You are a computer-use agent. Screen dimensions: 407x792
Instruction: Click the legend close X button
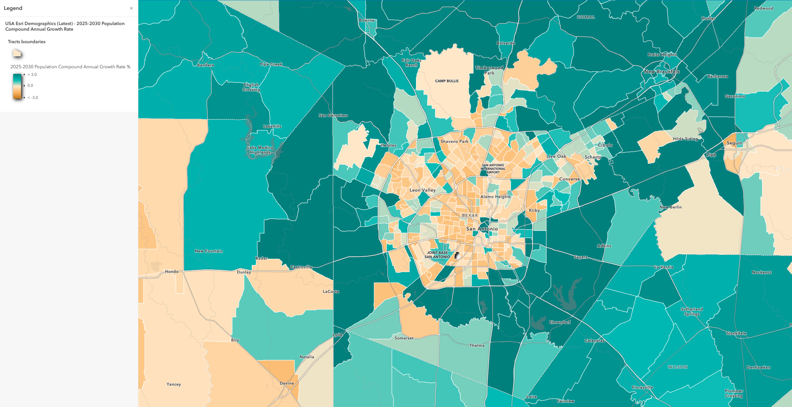pyautogui.click(x=131, y=8)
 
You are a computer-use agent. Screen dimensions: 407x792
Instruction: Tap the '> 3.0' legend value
pyautogui.click(x=32, y=75)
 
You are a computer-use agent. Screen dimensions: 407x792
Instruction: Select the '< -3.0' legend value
pyautogui.click(x=33, y=98)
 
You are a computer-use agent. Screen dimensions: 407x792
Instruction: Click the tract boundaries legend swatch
pyautogui.click(x=17, y=53)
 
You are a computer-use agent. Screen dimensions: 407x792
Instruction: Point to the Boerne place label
pyautogui.click(x=367, y=20)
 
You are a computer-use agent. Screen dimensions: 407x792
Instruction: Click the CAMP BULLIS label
pyautogui.click(x=447, y=81)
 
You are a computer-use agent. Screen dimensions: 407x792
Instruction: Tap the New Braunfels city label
pyautogui.click(x=662, y=72)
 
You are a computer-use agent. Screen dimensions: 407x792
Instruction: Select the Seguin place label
pyautogui.click(x=734, y=143)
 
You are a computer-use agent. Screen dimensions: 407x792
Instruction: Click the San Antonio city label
pyautogui.click(x=482, y=229)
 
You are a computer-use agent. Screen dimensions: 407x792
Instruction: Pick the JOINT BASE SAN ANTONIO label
pyautogui.click(x=437, y=255)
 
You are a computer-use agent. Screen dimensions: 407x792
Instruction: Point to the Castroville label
pyautogui.click(x=301, y=267)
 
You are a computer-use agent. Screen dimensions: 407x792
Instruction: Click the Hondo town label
pyautogui.click(x=172, y=272)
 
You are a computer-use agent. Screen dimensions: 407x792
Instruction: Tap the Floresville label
pyautogui.click(x=642, y=388)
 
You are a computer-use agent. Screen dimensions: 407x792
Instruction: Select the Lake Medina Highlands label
pyautogui.click(x=260, y=150)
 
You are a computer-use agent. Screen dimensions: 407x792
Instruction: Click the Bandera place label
pyautogui.click(x=205, y=65)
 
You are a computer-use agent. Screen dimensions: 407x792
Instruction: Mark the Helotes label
pyautogui.click(x=388, y=145)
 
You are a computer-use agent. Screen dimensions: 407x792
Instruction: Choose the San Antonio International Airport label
pyautogui.click(x=493, y=169)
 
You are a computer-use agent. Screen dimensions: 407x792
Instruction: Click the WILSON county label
pyautogui.click(x=677, y=367)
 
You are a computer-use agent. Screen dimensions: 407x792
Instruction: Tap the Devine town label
pyautogui.click(x=287, y=383)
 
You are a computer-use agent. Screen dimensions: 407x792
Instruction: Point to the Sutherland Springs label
pyautogui.click(x=692, y=312)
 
